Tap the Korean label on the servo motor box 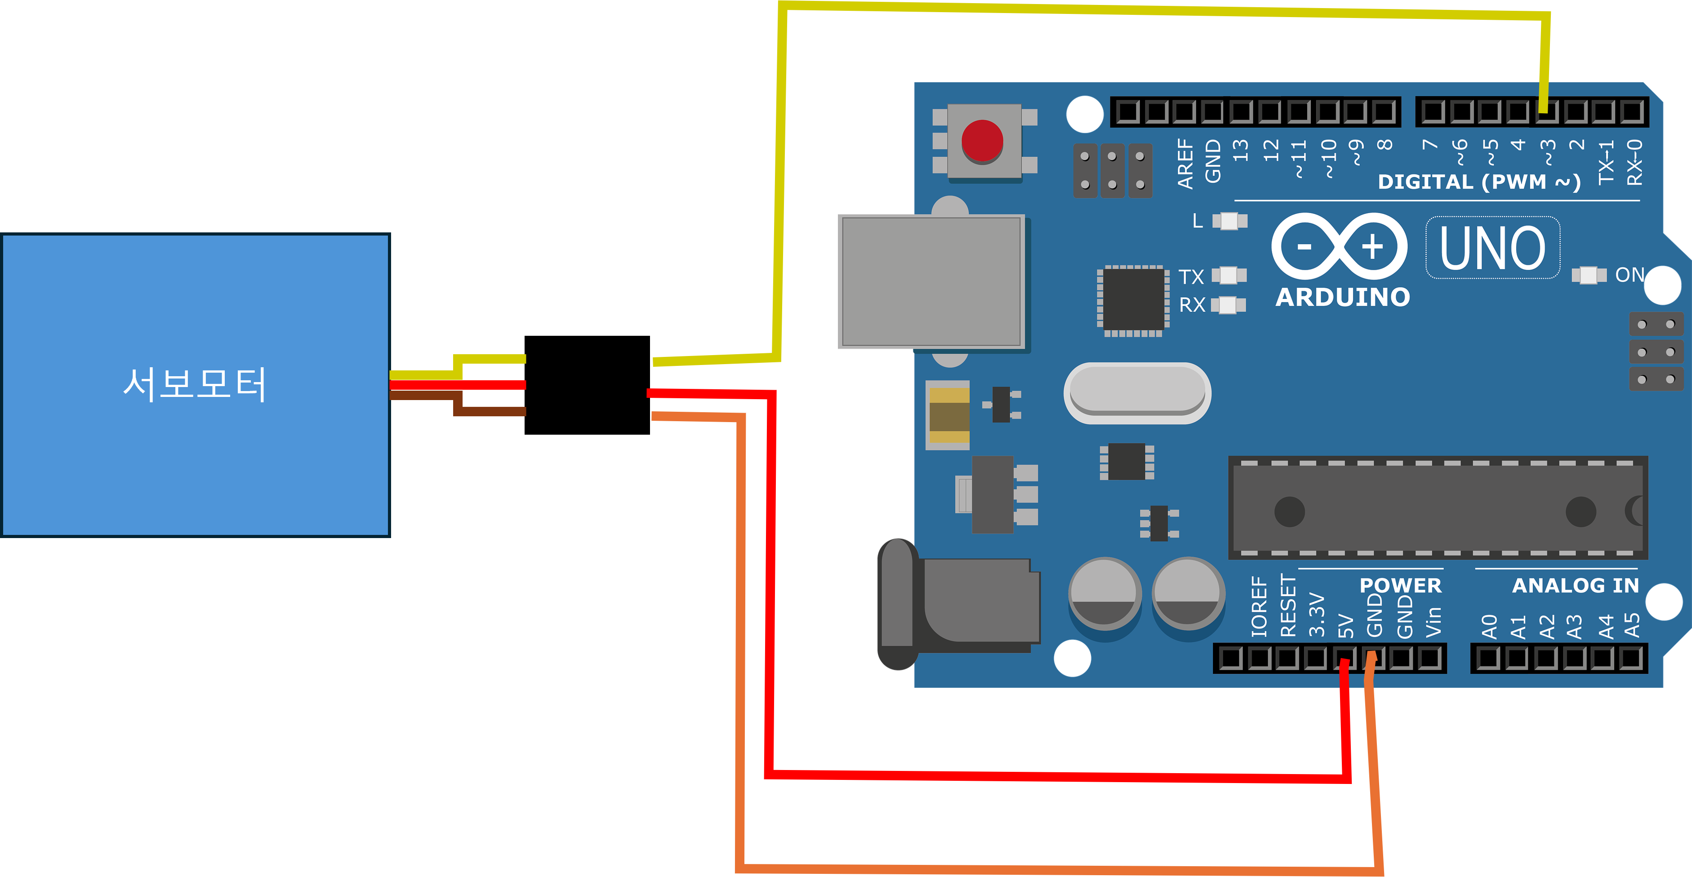click(x=195, y=384)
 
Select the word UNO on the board click(x=1492, y=248)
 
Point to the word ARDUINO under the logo click(x=1343, y=298)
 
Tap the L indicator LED click(x=1229, y=221)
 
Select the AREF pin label click(x=1185, y=164)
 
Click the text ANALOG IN click(x=1575, y=585)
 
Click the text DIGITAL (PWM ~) click(x=1478, y=182)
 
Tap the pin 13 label click(x=1240, y=151)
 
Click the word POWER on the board click(x=1400, y=585)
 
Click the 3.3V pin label click(x=1316, y=615)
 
